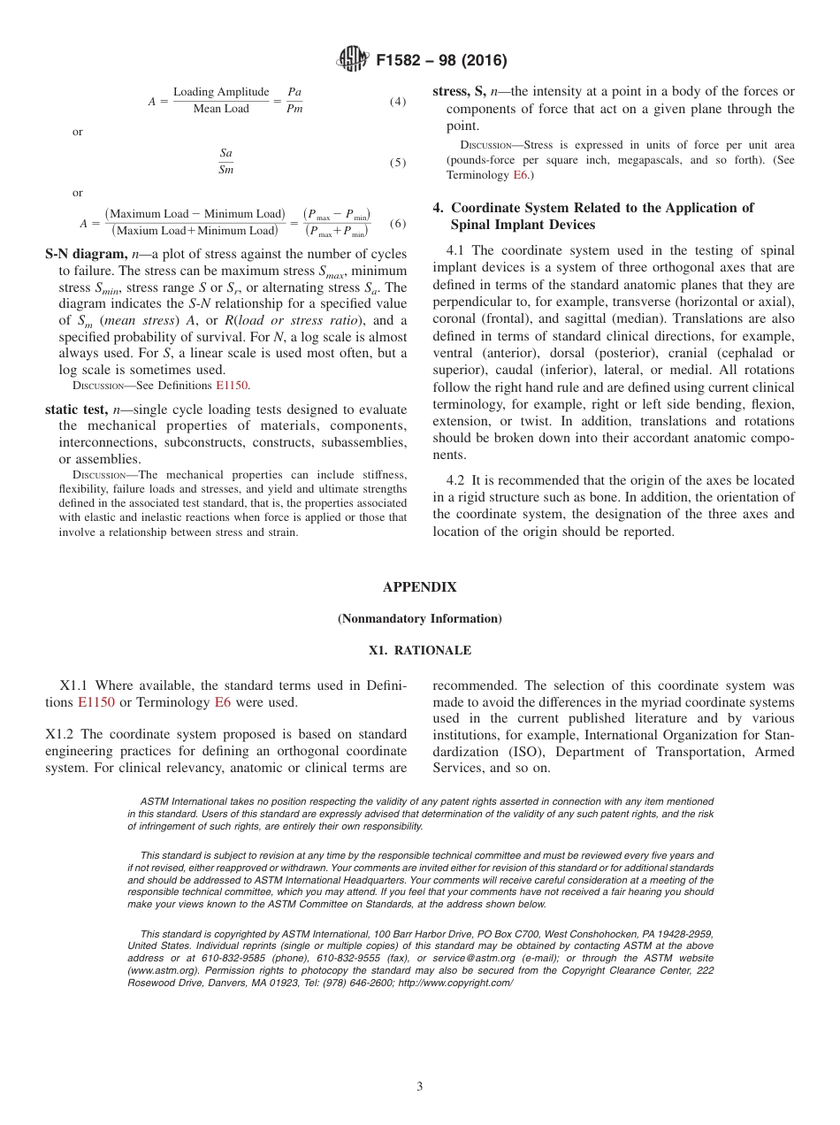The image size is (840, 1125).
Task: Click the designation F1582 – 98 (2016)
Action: point(441,61)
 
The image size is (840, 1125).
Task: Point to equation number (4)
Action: point(398,101)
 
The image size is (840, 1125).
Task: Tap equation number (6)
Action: point(398,223)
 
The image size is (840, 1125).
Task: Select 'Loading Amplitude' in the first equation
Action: point(221,92)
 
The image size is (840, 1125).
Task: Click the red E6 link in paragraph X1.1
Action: point(224,702)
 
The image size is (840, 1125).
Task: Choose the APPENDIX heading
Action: point(419,587)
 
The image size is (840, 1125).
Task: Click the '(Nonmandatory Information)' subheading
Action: point(419,619)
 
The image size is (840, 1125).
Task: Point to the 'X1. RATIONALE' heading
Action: point(419,651)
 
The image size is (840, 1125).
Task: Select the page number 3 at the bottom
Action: point(419,1087)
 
